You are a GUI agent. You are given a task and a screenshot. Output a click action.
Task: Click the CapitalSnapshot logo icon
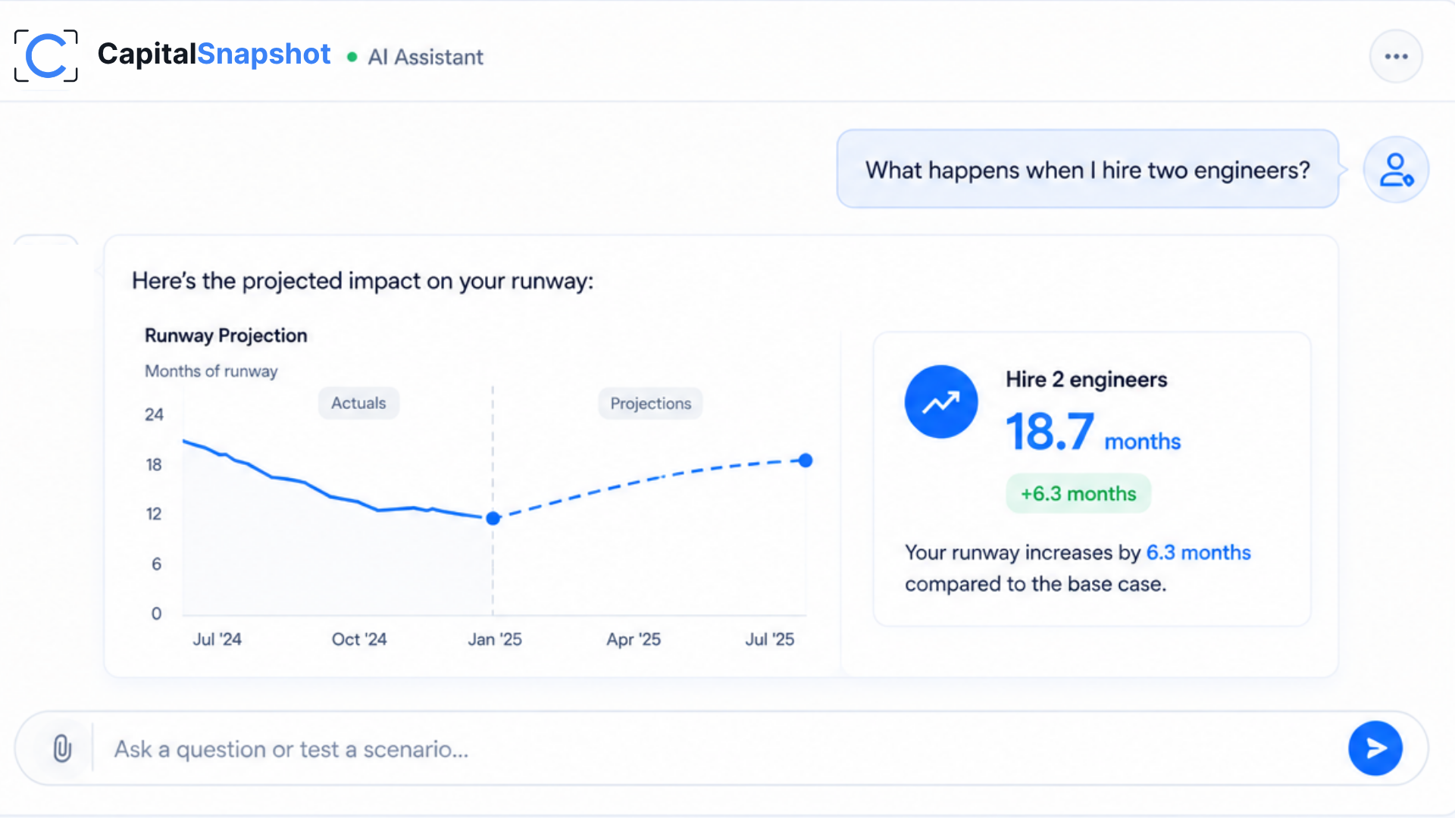[46, 55]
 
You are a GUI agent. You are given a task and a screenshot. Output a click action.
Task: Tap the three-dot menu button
[1396, 56]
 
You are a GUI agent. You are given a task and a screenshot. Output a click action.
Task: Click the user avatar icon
[1396, 170]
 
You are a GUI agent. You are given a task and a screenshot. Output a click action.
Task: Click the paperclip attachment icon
[62, 748]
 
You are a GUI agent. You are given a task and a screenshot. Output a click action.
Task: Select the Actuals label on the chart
[358, 403]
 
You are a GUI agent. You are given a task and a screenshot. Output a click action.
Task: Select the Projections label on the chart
[651, 404]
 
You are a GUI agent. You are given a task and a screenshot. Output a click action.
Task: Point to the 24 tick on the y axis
[154, 414]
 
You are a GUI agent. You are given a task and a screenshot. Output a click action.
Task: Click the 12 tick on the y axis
[154, 514]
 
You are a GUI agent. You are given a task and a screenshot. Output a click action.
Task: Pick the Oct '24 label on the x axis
[359, 639]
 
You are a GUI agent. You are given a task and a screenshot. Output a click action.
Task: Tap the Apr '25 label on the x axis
[634, 639]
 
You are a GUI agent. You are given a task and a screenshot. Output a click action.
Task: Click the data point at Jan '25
[493, 518]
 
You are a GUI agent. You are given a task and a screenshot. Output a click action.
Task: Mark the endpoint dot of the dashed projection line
[806, 461]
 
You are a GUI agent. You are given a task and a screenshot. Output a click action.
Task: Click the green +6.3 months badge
[1078, 494]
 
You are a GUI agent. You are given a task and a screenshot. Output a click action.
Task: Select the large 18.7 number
[1050, 432]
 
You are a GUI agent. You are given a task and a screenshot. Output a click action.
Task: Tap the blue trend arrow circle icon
[941, 401]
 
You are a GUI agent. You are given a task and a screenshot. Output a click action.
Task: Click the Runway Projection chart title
[226, 336]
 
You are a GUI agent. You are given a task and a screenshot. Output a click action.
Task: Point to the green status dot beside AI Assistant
[352, 57]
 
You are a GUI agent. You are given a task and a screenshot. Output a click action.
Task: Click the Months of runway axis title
[211, 371]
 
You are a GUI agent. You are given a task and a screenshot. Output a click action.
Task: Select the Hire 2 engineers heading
[1086, 379]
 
